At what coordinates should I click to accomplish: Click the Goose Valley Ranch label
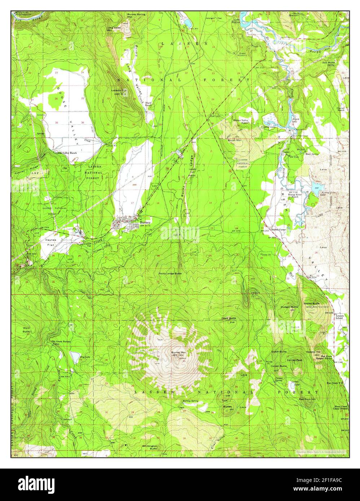click(66, 153)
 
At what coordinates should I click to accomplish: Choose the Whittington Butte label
click(149, 447)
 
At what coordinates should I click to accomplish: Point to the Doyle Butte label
click(229, 318)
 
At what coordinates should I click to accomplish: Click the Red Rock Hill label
click(307, 399)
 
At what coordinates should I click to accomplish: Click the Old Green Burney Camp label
click(61, 342)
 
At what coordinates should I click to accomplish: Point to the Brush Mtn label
click(234, 140)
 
